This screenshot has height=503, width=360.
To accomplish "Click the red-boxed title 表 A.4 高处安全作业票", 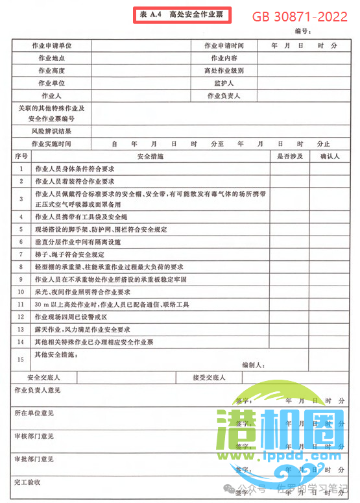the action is [182, 14].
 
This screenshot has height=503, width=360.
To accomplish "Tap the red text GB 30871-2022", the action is [299, 17].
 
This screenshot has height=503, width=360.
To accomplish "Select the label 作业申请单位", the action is [51, 45].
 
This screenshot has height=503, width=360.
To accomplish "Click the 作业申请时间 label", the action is [224, 45].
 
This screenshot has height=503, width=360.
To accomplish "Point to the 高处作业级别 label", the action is [224, 71].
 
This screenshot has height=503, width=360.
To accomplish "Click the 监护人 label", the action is [224, 84].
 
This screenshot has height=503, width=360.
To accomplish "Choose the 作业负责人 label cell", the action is [224, 96].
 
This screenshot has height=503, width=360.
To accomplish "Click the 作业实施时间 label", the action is [51, 143].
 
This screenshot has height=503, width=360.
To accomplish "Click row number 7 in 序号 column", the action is [21, 254].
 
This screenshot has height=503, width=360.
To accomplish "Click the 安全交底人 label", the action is [43, 377].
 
